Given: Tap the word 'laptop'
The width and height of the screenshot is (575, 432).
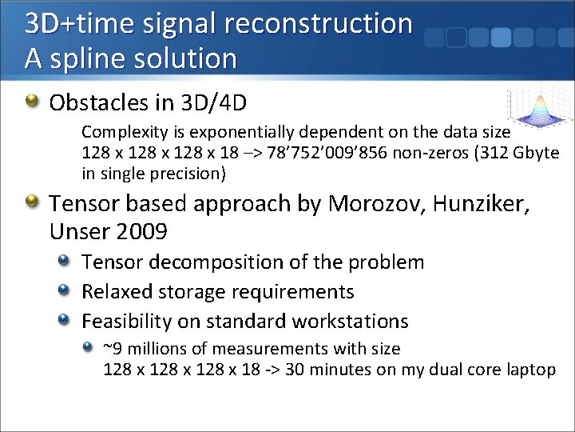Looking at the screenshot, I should coord(530,370).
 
